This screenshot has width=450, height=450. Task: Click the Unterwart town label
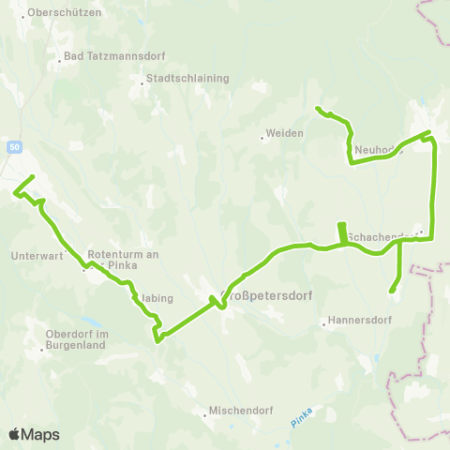point(37,256)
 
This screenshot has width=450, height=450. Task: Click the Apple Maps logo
point(34,434)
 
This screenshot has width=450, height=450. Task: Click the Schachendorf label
point(381,237)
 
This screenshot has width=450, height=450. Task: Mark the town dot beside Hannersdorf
point(324,326)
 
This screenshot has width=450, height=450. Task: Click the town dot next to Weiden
point(262,138)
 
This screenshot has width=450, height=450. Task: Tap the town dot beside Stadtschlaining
point(142,84)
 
